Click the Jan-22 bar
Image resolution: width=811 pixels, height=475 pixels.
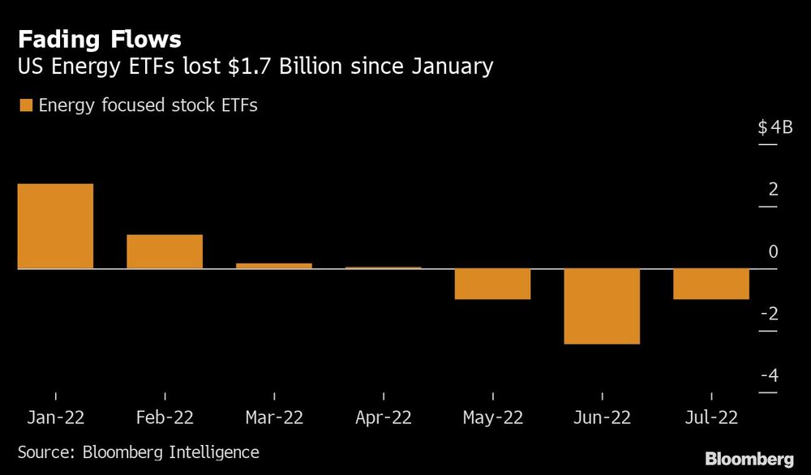click(x=55, y=226)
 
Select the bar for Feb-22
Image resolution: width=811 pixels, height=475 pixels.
click(x=165, y=251)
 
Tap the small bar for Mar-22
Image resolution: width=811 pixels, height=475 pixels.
click(x=274, y=265)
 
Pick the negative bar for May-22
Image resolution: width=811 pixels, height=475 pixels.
click(x=492, y=284)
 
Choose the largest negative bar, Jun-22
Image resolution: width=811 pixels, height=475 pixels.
click(x=602, y=306)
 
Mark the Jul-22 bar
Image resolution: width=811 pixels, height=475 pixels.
click(x=711, y=284)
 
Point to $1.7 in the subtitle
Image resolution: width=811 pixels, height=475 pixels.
click(x=247, y=66)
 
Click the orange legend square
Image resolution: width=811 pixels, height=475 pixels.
click(x=25, y=105)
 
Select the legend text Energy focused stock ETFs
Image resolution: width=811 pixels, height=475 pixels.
click(x=148, y=105)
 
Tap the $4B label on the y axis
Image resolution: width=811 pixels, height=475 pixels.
click(x=775, y=127)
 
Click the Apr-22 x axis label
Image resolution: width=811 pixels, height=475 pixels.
click(x=383, y=417)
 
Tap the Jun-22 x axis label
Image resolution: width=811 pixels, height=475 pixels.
click(x=602, y=417)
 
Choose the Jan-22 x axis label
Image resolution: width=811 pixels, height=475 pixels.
click(x=55, y=417)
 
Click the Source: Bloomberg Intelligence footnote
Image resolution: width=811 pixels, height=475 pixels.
click(x=139, y=451)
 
